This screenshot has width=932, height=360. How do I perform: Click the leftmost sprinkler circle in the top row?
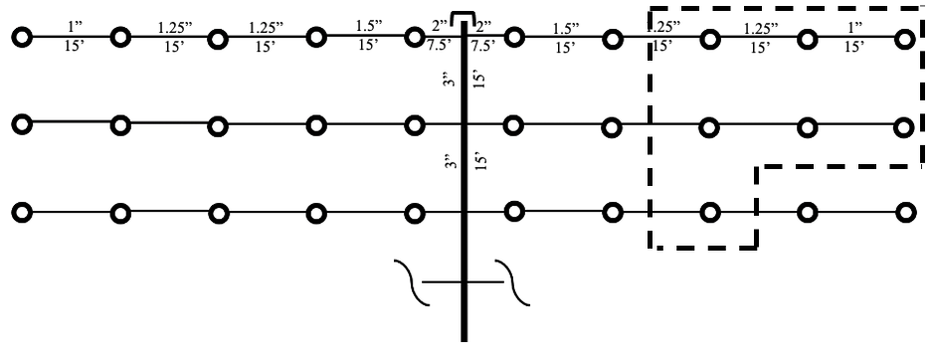[x=21, y=39]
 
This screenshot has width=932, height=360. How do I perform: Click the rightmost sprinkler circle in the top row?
[x=903, y=40]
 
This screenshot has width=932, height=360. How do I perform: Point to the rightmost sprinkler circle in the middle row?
[x=903, y=126]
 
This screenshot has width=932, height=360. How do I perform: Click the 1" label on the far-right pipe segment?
[x=853, y=24]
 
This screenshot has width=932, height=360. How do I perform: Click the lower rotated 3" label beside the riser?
[x=450, y=162]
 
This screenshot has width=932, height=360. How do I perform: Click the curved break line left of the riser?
[x=406, y=280]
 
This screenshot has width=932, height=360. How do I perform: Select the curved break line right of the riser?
[x=517, y=280]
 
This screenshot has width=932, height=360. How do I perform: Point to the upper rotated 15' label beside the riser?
[x=479, y=81]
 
